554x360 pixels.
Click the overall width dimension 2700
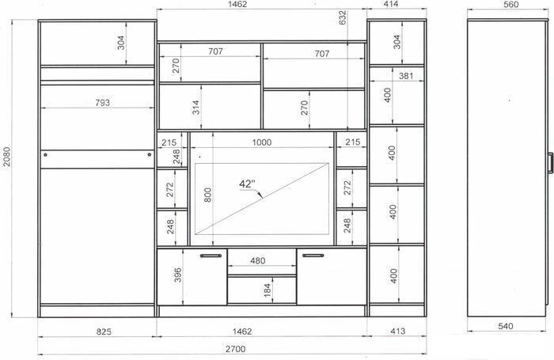(236, 349)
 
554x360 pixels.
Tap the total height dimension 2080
(7, 157)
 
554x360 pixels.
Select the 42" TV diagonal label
(247, 184)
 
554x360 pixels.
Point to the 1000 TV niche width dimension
(262, 142)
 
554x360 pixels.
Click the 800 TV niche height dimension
(207, 195)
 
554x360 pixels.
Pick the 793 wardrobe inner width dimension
(102, 103)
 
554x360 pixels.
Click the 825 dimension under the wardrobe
(104, 332)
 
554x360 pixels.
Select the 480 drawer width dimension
(257, 261)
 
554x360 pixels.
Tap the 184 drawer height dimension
(268, 290)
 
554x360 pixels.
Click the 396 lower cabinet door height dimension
(178, 275)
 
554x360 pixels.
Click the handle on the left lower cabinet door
(211, 256)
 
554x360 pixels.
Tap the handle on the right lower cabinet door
(313, 256)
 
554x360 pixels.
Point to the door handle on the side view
(550, 163)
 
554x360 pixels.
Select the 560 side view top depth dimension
(511, 5)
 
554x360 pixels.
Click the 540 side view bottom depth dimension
(506, 326)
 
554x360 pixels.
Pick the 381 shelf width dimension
(406, 76)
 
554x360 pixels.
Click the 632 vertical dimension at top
(343, 17)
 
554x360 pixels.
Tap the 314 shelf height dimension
(195, 108)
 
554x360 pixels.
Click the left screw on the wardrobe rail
(45, 155)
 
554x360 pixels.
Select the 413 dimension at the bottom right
(398, 332)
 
